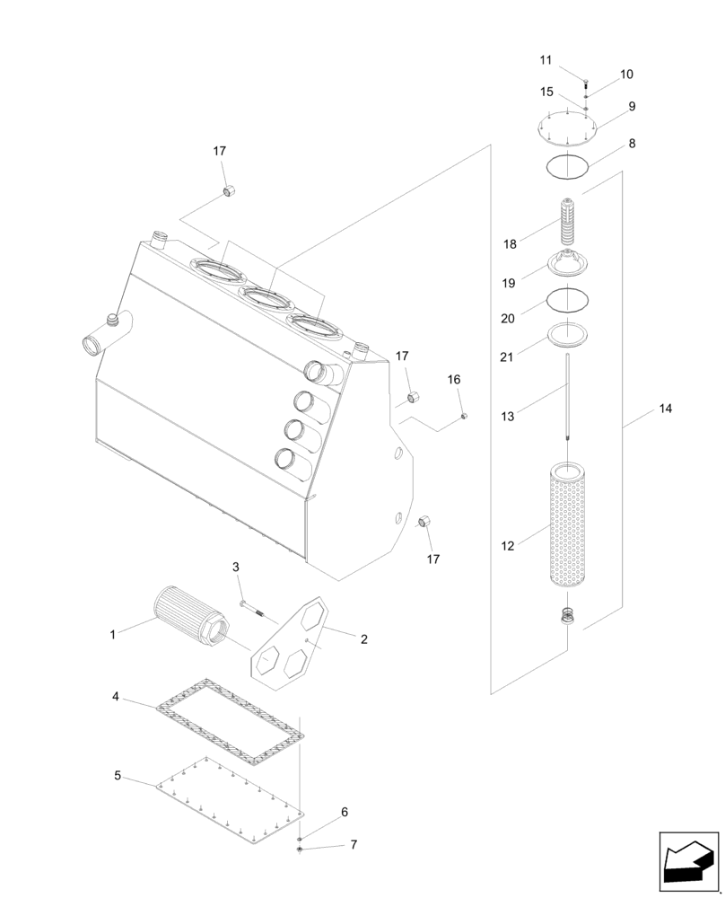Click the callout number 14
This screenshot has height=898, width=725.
(664, 409)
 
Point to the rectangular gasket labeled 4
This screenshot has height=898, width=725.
(230, 722)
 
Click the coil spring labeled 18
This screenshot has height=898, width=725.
(568, 223)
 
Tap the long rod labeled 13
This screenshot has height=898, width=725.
(568, 395)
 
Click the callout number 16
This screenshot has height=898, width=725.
(454, 380)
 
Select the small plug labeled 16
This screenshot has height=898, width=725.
(464, 416)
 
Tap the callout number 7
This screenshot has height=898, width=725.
(354, 845)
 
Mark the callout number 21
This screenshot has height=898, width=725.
(507, 357)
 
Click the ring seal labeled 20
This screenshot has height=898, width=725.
(568, 299)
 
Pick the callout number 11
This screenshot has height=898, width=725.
(546, 60)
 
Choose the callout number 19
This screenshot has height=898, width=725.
(508, 282)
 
